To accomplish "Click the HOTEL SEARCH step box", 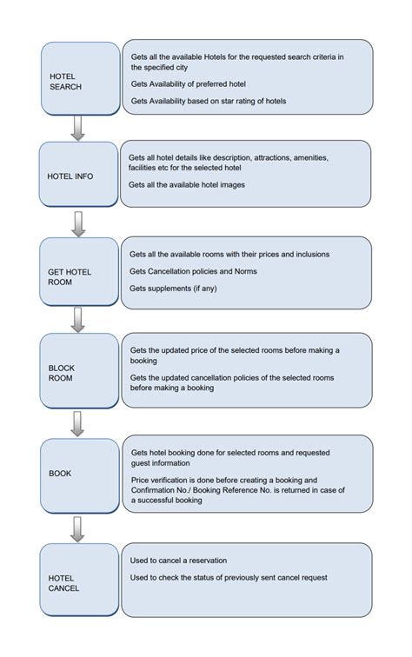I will [80, 78].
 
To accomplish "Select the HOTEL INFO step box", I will [78, 176].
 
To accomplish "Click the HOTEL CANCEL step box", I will [78, 581].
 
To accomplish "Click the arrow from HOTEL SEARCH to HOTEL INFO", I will [77, 128].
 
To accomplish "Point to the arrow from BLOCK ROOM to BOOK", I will [77, 423].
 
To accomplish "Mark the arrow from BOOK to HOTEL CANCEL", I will [77, 528].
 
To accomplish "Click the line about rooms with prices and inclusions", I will [229, 255].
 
